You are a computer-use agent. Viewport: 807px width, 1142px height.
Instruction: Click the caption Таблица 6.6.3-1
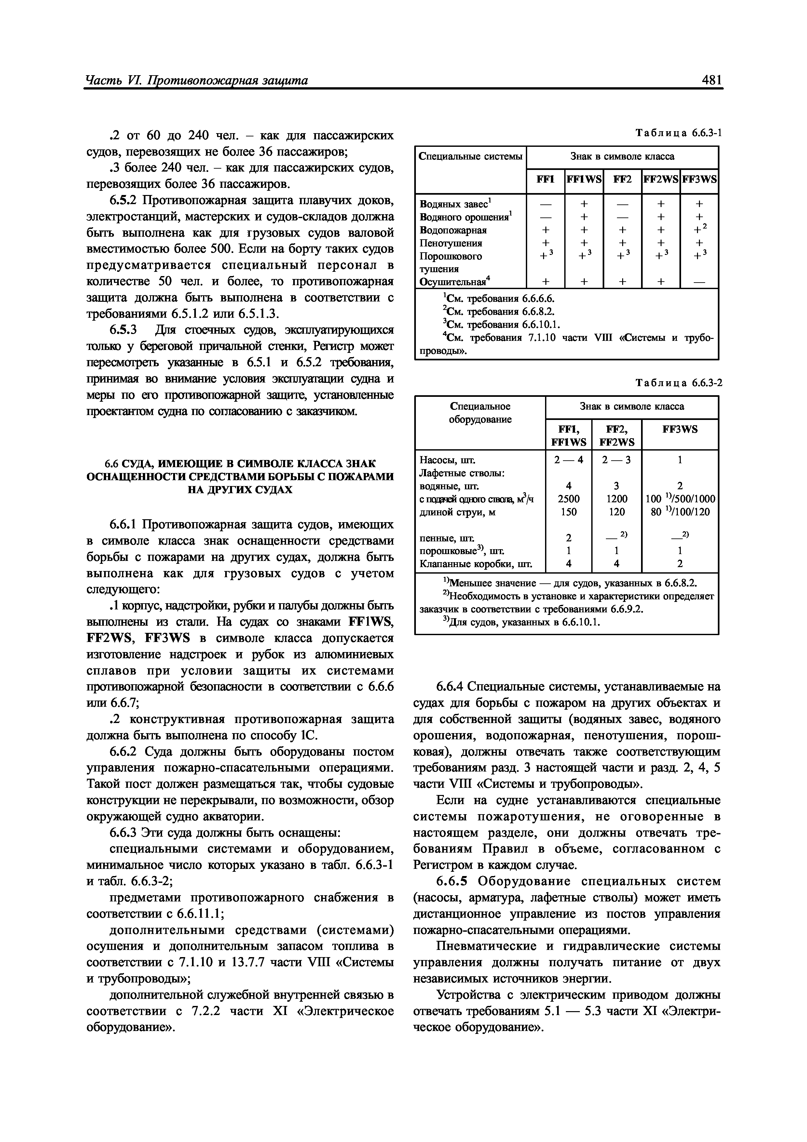click(679, 133)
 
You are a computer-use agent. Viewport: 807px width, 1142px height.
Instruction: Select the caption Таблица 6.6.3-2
click(679, 383)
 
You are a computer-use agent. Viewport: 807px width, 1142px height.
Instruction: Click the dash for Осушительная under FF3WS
click(699, 282)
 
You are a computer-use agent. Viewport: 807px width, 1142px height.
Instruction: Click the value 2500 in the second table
click(568, 498)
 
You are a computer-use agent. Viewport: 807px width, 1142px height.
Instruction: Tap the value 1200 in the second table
click(617, 498)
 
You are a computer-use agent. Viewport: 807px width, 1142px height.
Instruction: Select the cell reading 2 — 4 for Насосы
click(568, 460)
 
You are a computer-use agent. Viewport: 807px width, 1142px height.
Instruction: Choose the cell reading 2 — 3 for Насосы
click(617, 460)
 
